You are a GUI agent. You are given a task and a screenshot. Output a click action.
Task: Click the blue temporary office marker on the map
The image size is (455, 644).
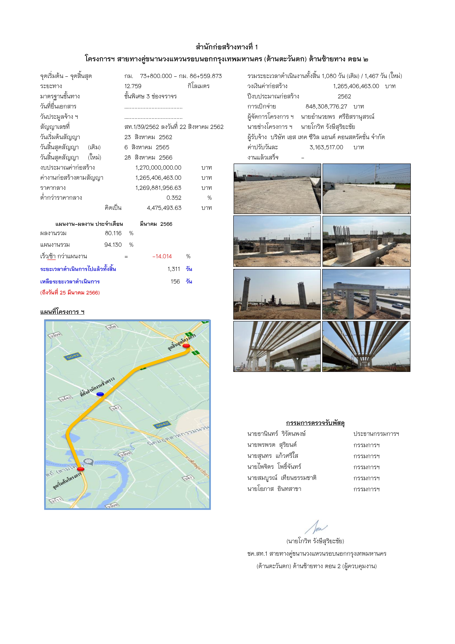click(100, 394)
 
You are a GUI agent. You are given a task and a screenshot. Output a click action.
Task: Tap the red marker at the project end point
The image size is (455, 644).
click(186, 346)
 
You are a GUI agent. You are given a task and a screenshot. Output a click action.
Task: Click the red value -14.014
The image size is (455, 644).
click(162, 256)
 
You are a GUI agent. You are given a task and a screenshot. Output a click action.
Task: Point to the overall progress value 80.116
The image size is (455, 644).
click(113, 233)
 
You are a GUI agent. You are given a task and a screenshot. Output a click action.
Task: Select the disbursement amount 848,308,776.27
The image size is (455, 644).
click(326, 107)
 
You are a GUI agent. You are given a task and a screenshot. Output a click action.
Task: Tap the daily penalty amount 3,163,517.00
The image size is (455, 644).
click(326, 147)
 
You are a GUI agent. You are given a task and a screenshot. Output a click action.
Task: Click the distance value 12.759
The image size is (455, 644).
click(133, 86)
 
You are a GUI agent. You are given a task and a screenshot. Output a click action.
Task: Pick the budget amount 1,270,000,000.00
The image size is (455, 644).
click(158, 168)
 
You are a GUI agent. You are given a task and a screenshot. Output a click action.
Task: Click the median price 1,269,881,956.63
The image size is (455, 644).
click(158, 188)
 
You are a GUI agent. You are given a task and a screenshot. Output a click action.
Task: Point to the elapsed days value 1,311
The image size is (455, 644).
click(174, 269)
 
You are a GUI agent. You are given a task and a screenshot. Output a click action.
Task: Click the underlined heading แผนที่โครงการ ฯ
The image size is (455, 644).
click(62, 312)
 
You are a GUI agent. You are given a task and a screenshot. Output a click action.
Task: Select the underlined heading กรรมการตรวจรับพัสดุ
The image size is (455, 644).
click(315, 423)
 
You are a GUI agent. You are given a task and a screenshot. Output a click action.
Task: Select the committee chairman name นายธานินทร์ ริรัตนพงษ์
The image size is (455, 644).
click(276, 434)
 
